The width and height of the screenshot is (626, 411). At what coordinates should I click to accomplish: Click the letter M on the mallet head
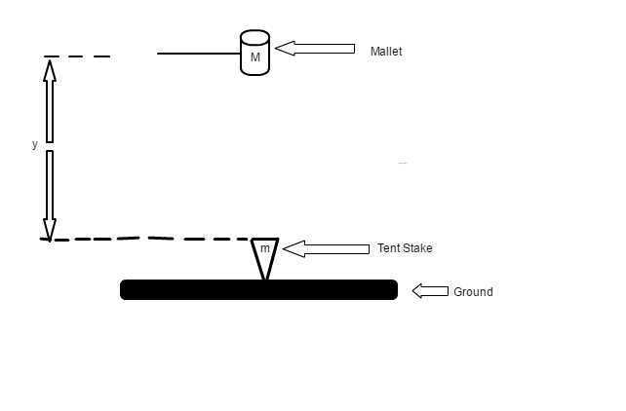tap(255, 57)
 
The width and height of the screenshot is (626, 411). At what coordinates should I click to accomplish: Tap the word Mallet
tap(386, 52)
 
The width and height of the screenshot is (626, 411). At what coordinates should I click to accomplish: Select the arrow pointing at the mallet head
tap(315, 49)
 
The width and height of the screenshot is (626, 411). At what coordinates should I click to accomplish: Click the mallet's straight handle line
tap(199, 54)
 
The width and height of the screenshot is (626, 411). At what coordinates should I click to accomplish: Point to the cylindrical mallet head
tap(255, 53)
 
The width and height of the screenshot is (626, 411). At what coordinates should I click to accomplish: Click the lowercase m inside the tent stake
tap(265, 248)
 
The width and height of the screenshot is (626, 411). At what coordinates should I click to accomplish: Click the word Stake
tap(417, 248)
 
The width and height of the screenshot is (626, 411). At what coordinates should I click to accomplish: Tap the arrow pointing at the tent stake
tap(326, 248)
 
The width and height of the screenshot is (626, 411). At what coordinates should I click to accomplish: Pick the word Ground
tap(473, 292)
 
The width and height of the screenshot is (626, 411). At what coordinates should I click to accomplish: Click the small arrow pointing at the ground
tap(430, 291)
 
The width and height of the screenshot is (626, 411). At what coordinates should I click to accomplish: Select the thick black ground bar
tap(258, 290)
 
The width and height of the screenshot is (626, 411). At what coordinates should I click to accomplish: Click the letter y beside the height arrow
tap(35, 144)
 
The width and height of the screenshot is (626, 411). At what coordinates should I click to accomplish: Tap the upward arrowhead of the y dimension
tap(50, 70)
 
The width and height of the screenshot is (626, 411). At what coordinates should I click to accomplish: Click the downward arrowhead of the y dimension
tap(50, 230)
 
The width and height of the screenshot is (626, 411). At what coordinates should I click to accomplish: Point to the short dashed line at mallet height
tap(77, 56)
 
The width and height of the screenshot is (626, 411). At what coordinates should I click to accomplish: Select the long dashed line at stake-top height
tap(144, 239)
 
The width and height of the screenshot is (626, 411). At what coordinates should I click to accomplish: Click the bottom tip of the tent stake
tap(264, 280)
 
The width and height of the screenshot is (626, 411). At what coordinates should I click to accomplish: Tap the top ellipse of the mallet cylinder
tap(255, 37)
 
